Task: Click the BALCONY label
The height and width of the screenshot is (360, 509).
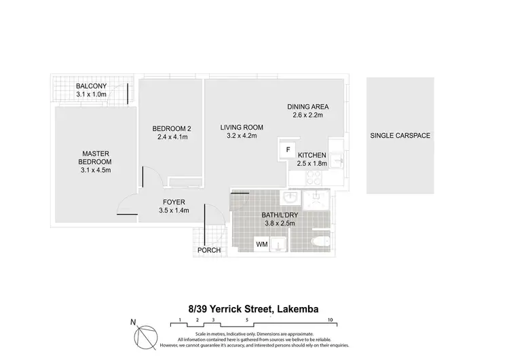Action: pyautogui.click(x=90, y=86)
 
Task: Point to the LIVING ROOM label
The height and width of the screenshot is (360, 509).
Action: pyautogui.click(x=242, y=127)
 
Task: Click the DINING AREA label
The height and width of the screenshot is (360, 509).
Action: pyautogui.click(x=307, y=107)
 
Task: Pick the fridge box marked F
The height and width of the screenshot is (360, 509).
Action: pyautogui.click(x=288, y=149)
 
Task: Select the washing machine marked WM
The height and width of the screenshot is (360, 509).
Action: pyautogui.click(x=261, y=243)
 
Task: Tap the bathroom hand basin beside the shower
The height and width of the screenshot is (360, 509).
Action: pyautogui.click(x=290, y=198)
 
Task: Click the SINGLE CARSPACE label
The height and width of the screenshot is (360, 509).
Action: pyautogui.click(x=400, y=135)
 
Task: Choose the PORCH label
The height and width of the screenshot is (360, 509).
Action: pyautogui.click(x=208, y=251)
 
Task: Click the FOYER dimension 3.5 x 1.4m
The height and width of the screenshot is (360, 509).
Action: pyautogui.click(x=174, y=211)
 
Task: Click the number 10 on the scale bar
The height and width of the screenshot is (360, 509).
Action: pyautogui.click(x=329, y=319)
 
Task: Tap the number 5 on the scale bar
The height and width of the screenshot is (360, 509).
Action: pyautogui.click(x=248, y=319)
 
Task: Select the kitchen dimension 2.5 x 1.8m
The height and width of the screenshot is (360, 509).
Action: pyautogui.click(x=312, y=163)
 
